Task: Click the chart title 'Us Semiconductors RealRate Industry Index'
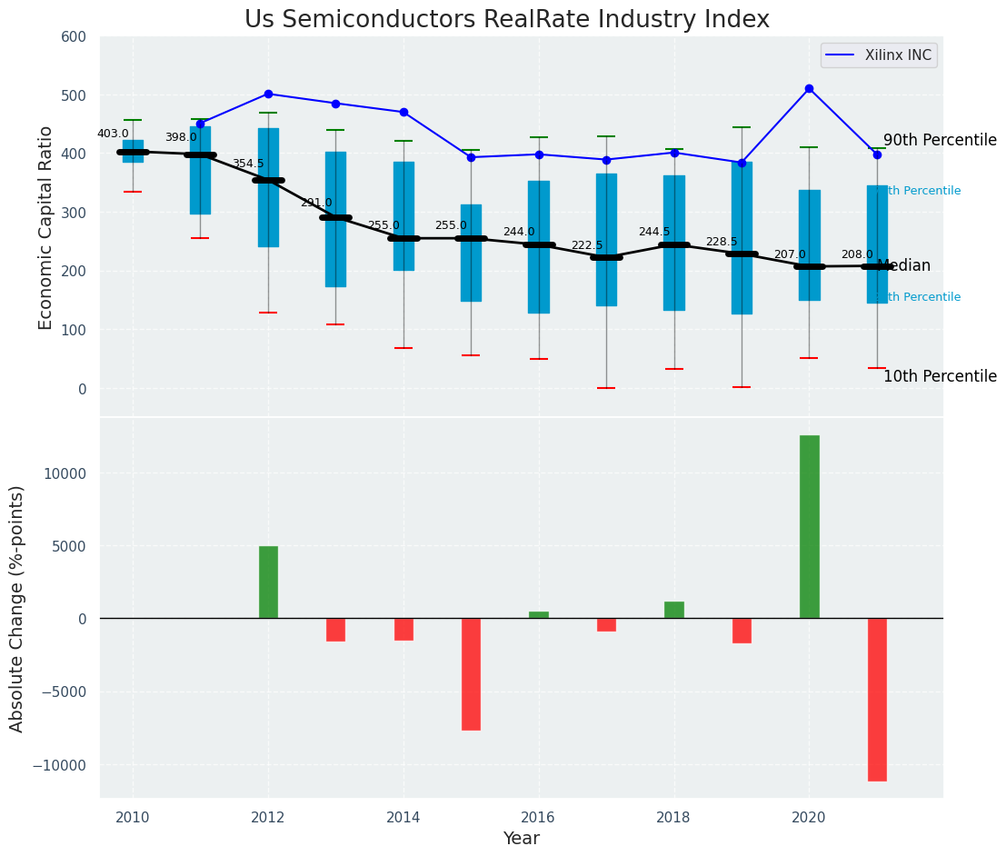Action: (x=506, y=20)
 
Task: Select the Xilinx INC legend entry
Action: (x=879, y=55)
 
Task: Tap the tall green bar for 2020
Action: (x=809, y=527)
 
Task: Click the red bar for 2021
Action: (x=877, y=700)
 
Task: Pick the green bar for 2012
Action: (x=268, y=582)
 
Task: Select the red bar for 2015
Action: (x=471, y=674)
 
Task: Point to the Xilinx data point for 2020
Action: (x=809, y=89)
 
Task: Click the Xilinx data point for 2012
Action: (x=268, y=94)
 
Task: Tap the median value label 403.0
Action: (x=114, y=134)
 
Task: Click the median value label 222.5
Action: (x=587, y=246)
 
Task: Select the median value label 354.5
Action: (x=248, y=164)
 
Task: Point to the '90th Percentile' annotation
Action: (x=940, y=141)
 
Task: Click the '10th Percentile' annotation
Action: (x=940, y=377)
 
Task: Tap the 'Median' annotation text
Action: (x=904, y=266)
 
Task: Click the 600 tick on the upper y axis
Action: (x=74, y=37)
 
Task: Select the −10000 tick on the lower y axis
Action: (x=59, y=765)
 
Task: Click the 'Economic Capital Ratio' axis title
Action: (x=46, y=227)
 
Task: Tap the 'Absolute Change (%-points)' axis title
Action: (x=17, y=609)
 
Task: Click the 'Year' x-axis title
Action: (x=522, y=839)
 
